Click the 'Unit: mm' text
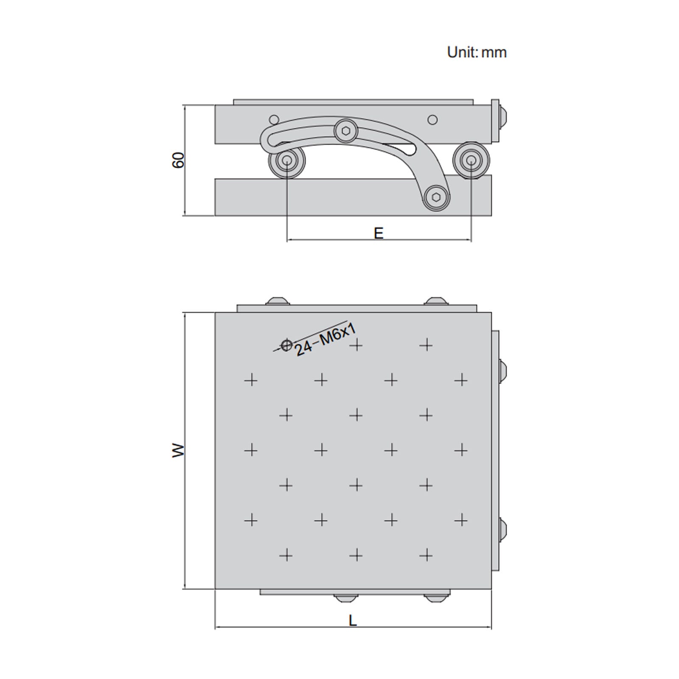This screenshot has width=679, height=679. (x=477, y=52)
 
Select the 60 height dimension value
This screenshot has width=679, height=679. (x=179, y=160)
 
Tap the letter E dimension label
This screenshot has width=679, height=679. (x=379, y=233)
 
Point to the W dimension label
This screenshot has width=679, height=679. (x=179, y=450)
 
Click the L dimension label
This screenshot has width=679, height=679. (x=353, y=621)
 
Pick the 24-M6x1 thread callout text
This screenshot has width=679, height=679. (x=325, y=339)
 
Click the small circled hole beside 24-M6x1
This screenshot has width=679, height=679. (x=287, y=345)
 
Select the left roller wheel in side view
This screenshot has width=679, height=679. (x=286, y=161)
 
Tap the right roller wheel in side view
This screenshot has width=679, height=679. (x=471, y=160)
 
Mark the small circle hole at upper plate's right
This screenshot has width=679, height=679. (x=432, y=120)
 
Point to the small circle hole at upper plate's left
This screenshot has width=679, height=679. (x=274, y=119)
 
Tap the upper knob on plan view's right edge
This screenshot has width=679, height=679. (x=503, y=371)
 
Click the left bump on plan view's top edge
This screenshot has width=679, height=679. (x=278, y=301)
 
